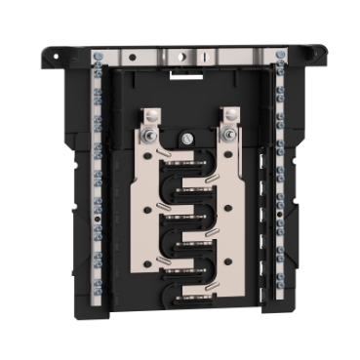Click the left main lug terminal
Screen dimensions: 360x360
[150, 120]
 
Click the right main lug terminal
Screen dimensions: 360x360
[227, 120]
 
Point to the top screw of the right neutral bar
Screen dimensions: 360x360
[280, 56]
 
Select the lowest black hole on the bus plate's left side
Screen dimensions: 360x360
[146, 262]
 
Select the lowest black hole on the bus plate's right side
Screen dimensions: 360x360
[231, 262]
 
